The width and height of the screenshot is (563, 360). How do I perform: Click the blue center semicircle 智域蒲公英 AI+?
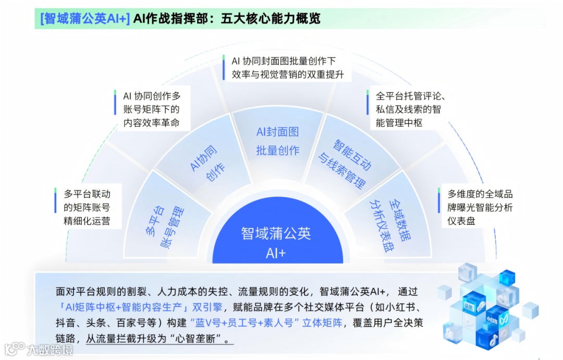click(x=276, y=242)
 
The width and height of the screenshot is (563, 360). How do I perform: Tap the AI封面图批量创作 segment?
click(x=277, y=141)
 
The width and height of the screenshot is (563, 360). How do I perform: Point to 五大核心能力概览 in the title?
click(x=271, y=19)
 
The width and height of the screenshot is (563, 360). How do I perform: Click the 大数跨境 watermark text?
click(x=50, y=349)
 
